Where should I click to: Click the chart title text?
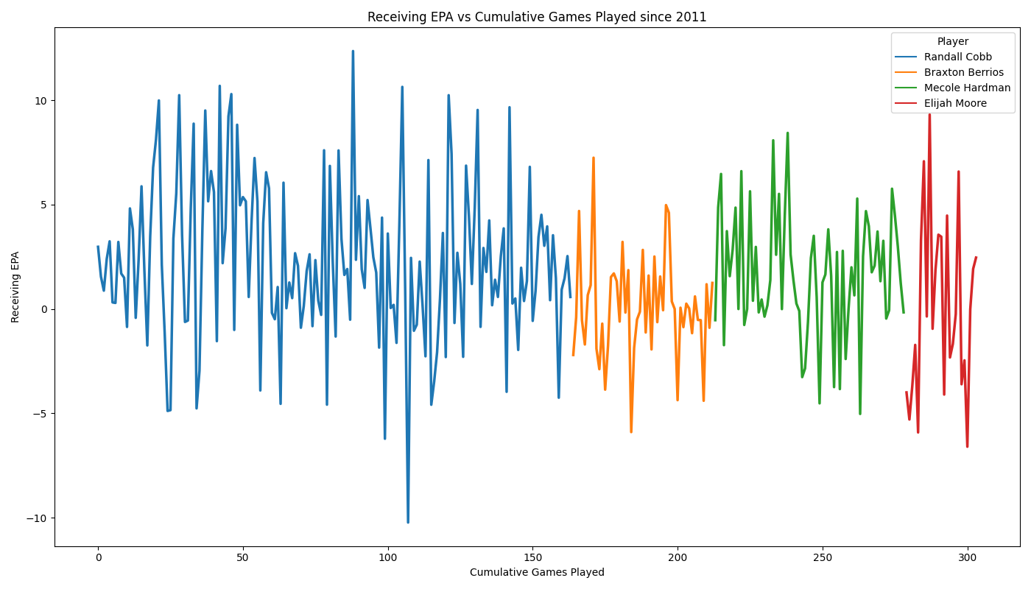537,17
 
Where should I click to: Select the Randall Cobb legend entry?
943,57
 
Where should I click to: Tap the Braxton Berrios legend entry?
949,72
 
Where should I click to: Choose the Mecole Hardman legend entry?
952,88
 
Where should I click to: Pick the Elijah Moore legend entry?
941,104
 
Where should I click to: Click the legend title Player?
953,41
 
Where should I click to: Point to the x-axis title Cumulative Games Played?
537,572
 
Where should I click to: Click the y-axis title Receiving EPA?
15,287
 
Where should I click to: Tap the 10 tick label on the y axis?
41,101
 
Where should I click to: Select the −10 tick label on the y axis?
38,518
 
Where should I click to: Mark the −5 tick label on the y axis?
40,414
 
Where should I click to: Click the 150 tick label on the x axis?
533,558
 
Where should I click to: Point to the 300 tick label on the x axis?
968,558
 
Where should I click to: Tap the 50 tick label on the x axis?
242,558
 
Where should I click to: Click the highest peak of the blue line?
353,51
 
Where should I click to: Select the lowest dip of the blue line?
408,522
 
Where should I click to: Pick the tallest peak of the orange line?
594,158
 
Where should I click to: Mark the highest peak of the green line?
787,133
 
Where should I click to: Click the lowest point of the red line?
967,446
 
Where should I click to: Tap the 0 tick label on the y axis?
45,309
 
